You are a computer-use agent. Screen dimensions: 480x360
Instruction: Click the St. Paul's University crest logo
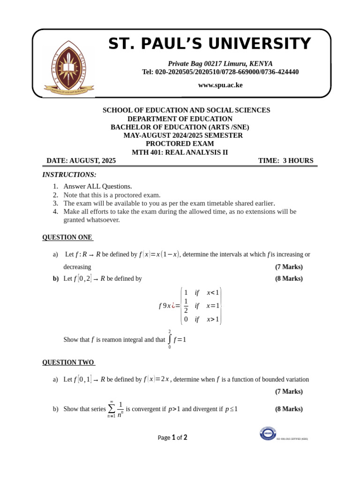pyautogui.click(x=69, y=67)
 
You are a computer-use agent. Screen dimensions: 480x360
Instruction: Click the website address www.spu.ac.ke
pyautogui.click(x=220, y=85)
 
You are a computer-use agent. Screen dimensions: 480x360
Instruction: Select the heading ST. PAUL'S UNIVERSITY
pyautogui.click(x=210, y=44)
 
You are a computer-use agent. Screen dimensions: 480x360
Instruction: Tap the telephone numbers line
pyautogui.click(x=220, y=72)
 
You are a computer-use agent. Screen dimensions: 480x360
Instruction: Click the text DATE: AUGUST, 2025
pyautogui.click(x=81, y=161)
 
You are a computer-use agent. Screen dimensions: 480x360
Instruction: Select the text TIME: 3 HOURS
pyautogui.click(x=285, y=161)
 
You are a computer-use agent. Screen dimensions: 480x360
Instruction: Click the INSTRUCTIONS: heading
pyautogui.click(x=69, y=175)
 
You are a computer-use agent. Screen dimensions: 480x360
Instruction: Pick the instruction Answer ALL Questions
pyautogui.click(x=97, y=187)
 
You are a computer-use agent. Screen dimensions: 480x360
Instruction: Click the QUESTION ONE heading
pyautogui.click(x=67, y=237)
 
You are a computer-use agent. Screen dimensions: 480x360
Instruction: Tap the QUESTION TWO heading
pyautogui.click(x=68, y=362)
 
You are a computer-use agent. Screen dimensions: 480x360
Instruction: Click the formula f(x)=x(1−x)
pyautogui.click(x=159, y=255)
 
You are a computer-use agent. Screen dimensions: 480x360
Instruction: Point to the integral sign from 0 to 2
pyautogui.click(x=170, y=339)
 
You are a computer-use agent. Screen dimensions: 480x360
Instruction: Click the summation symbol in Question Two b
pyautogui.click(x=112, y=409)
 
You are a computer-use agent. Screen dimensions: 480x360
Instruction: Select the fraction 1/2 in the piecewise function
pyautogui.click(x=186, y=306)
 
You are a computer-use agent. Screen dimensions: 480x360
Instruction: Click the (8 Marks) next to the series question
pyautogui.click(x=289, y=409)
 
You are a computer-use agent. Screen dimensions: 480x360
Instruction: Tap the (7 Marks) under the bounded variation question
pyautogui.click(x=289, y=391)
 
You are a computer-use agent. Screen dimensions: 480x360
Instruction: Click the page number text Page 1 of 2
pyautogui.click(x=172, y=438)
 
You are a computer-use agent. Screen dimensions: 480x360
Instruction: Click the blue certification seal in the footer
pyautogui.click(x=268, y=433)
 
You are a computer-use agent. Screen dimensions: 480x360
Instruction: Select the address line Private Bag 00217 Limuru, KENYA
pyautogui.click(x=220, y=64)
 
